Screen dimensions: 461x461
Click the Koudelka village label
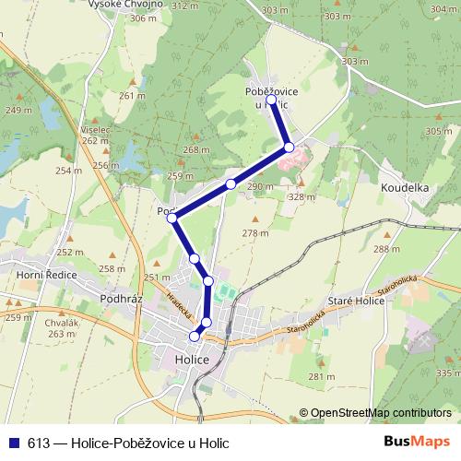point(405,187)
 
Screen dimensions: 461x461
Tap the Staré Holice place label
point(355,301)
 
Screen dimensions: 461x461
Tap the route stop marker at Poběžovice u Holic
point(271,100)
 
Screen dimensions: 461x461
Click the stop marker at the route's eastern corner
point(289,147)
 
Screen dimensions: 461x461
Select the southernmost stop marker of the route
point(195,337)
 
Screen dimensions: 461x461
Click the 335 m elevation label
point(447,372)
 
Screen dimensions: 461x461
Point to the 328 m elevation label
point(301,196)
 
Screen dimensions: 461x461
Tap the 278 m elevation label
point(255,233)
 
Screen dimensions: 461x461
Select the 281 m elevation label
point(321,377)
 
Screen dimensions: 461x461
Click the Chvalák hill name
point(60,324)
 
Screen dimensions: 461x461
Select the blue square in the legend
point(13,443)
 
